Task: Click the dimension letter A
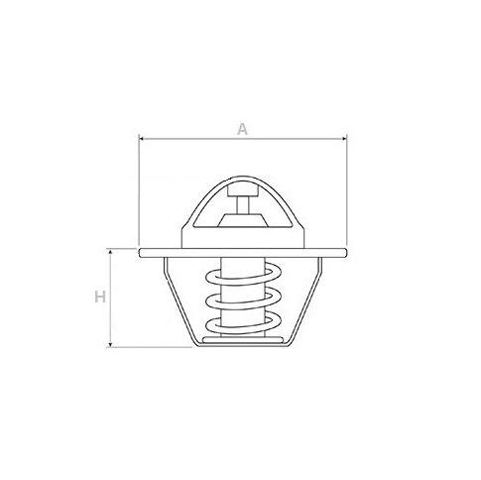point(242,129)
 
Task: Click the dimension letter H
point(100,297)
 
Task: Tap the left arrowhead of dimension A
point(141,139)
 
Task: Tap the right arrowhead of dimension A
point(344,139)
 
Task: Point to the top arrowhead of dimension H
point(110,253)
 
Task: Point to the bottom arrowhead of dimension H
point(110,344)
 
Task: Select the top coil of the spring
point(243,277)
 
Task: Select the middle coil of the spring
point(243,300)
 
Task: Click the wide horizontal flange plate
point(243,253)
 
